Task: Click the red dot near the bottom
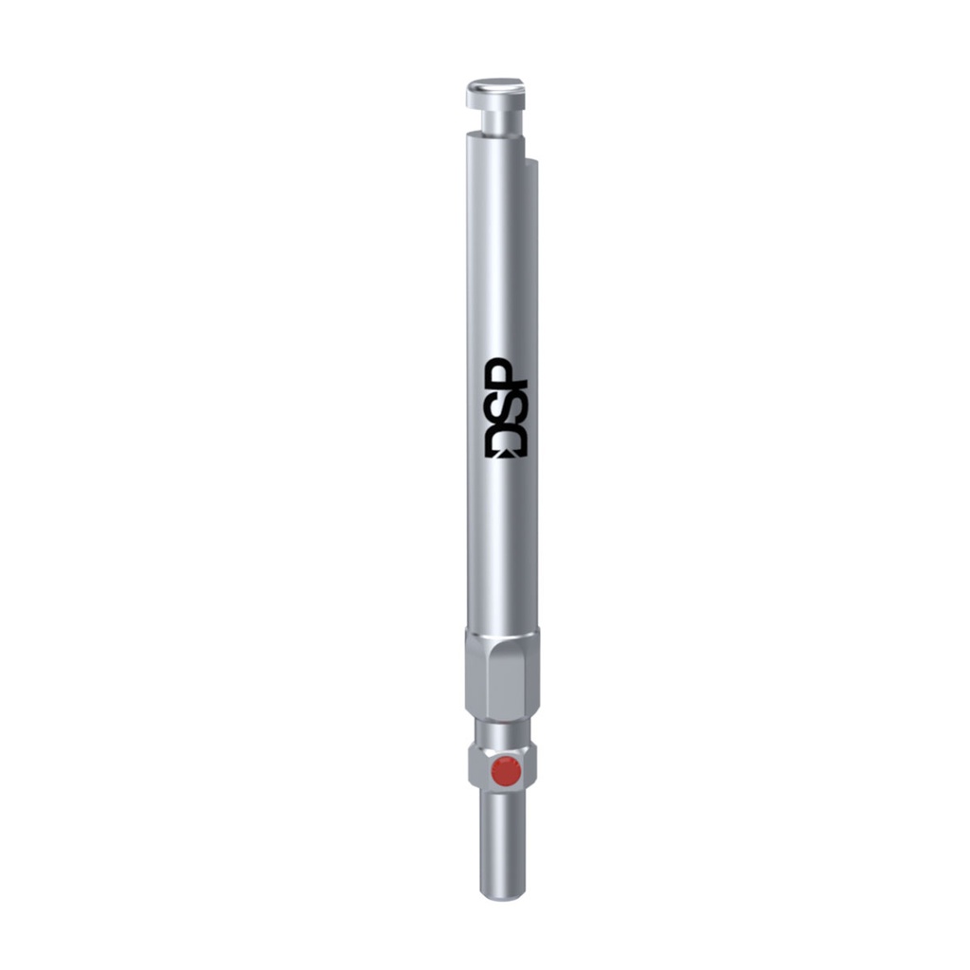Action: click(x=507, y=772)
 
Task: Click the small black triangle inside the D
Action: click(x=509, y=452)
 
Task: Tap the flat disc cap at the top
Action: click(x=495, y=93)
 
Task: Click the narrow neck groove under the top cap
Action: click(x=494, y=120)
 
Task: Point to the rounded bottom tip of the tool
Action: click(x=502, y=891)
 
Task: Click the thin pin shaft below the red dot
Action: click(x=502, y=838)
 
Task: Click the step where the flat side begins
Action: click(x=531, y=163)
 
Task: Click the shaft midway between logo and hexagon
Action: click(x=502, y=545)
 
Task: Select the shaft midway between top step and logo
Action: click(x=502, y=256)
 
